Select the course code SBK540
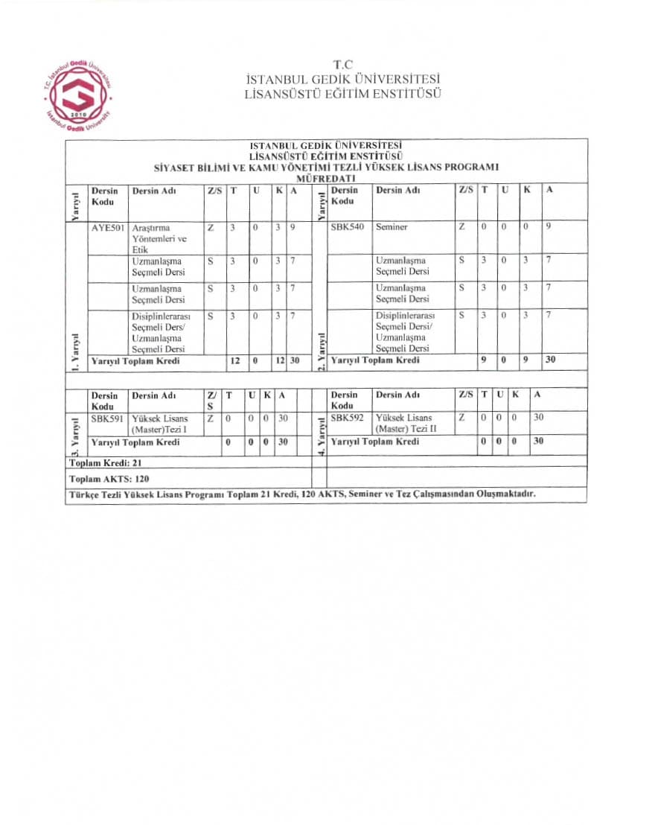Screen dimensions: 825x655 coord(348,227)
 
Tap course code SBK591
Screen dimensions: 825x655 coord(107,418)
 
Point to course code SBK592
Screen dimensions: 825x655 coord(348,418)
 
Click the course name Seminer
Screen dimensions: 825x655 coord(392,227)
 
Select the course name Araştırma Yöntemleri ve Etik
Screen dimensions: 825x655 coord(159,238)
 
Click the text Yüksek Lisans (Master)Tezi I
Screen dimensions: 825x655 coord(160,424)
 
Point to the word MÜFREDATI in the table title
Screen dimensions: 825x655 coord(325,179)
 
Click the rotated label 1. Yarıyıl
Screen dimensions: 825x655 coord(76,349)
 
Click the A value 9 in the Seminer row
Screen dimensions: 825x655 coord(548,227)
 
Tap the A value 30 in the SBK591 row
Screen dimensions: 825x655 coord(283,418)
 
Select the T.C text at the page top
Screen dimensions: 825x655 coord(343,65)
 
